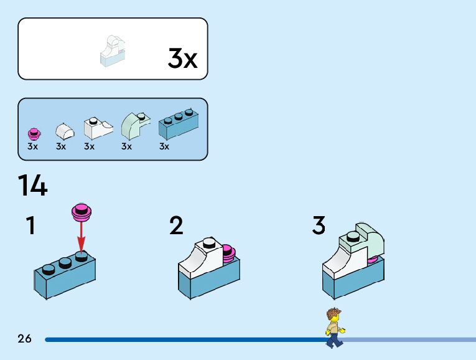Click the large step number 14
(x=32, y=185)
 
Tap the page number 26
(x=25, y=339)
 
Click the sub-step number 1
(x=30, y=225)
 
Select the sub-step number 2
(x=176, y=225)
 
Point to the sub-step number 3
(x=319, y=225)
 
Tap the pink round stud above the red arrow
(x=80, y=212)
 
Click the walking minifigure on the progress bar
(x=334, y=328)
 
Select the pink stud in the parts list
(x=34, y=133)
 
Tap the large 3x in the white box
(x=182, y=59)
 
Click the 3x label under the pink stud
(x=33, y=147)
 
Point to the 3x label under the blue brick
(x=164, y=147)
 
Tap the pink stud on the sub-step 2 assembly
(x=228, y=252)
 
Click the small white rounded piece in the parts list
(x=63, y=131)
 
